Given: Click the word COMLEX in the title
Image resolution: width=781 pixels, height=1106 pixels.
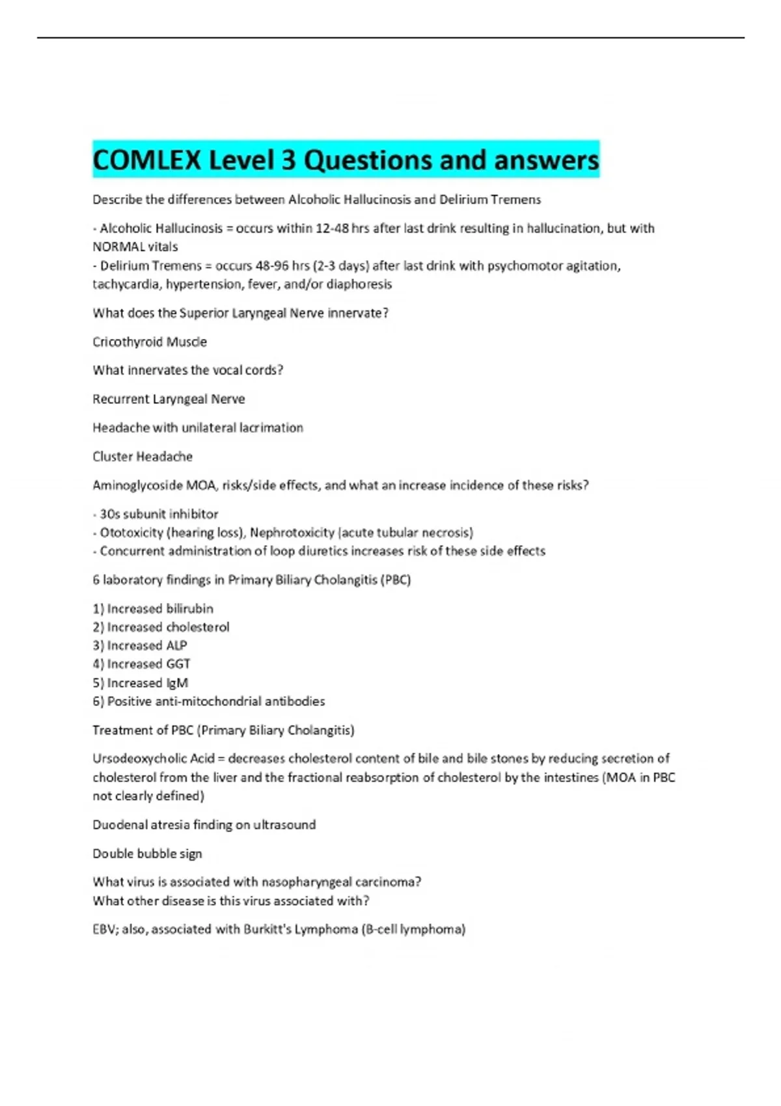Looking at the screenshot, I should pyautogui.click(x=147, y=160).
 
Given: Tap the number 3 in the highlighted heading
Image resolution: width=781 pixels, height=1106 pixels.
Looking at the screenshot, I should pyautogui.click(x=288, y=160).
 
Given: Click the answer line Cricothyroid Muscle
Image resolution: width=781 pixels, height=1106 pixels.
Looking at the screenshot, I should pyautogui.click(x=150, y=342).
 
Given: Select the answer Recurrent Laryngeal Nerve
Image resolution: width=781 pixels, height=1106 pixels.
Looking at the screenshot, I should pyautogui.click(x=169, y=399).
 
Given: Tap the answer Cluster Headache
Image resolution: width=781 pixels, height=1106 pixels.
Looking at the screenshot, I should pyautogui.click(x=143, y=456).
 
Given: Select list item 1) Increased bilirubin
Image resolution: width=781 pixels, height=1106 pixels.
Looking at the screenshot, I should pyautogui.click(x=153, y=608).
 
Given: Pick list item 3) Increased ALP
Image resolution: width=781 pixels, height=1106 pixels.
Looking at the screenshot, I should pyautogui.click(x=140, y=645).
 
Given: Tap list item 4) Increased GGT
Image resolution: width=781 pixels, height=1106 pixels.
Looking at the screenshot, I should pyautogui.click(x=141, y=664).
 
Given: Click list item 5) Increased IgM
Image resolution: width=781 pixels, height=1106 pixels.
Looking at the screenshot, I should pyautogui.click(x=140, y=682).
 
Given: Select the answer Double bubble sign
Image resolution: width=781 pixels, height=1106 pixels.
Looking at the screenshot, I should pyautogui.click(x=147, y=853).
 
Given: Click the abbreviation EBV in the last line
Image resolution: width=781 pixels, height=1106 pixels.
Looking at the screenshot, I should pyautogui.click(x=103, y=929).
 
